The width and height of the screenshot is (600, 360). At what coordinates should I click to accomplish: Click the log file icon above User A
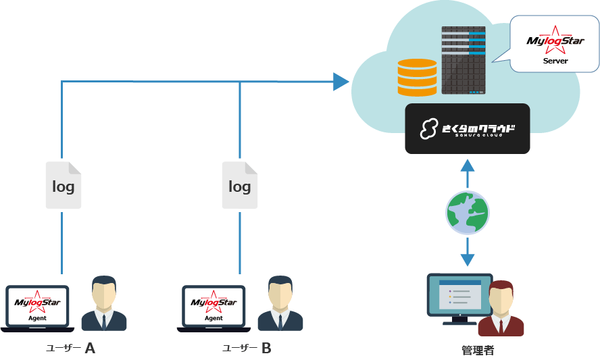point(64,185)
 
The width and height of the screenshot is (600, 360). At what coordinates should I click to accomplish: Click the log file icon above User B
point(240,185)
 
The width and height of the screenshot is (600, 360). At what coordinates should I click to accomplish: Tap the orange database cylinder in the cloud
point(417,77)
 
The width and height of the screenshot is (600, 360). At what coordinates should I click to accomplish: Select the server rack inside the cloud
point(464,60)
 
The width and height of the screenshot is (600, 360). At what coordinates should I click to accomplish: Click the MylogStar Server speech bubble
point(555,45)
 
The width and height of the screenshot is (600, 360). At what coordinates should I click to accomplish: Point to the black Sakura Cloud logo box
point(468,128)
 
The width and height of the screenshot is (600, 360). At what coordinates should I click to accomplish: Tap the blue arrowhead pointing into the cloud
point(341,82)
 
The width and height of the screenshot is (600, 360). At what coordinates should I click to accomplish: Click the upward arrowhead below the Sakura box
point(468,165)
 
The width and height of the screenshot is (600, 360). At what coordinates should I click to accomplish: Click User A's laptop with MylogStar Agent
point(37,309)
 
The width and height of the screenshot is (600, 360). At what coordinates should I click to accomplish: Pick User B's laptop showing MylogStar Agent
point(214,309)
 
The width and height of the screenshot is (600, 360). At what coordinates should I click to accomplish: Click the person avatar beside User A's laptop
point(104,303)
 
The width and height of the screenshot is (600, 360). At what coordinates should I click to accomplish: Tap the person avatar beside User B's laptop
point(280,303)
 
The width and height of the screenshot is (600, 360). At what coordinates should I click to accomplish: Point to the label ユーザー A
point(70,349)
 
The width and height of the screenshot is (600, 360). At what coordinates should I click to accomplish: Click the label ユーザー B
point(247,349)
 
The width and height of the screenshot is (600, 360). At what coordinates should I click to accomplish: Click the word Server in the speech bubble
point(555,61)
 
